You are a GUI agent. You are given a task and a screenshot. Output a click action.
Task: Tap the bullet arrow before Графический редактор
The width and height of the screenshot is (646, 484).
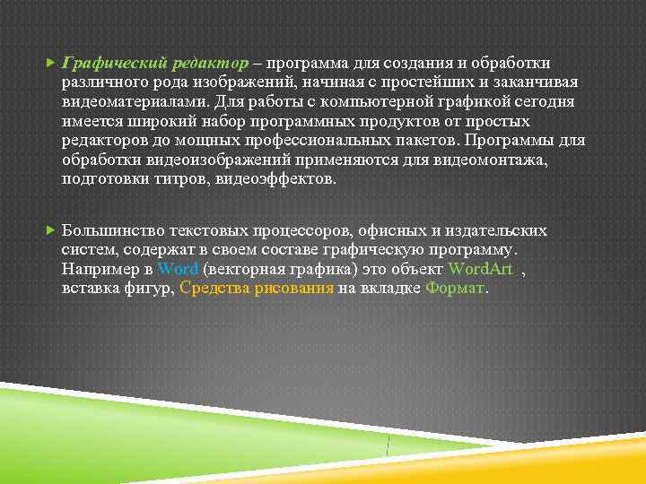pyautogui.click(x=49, y=63)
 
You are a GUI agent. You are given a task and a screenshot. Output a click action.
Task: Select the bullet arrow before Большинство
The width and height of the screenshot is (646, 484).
pyautogui.click(x=49, y=231)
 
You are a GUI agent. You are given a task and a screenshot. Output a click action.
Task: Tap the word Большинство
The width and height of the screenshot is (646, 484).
pyautogui.click(x=113, y=231)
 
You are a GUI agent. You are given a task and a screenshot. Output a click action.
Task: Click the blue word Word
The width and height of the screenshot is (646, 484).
pyautogui.click(x=178, y=269)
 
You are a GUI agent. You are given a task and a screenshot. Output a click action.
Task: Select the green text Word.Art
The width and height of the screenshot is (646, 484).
pyautogui.click(x=481, y=269)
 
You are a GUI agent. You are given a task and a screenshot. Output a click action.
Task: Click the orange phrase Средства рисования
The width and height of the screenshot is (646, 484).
pyautogui.click(x=258, y=289)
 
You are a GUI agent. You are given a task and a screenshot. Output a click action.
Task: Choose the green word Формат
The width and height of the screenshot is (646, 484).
pyautogui.click(x=455, y=289)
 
